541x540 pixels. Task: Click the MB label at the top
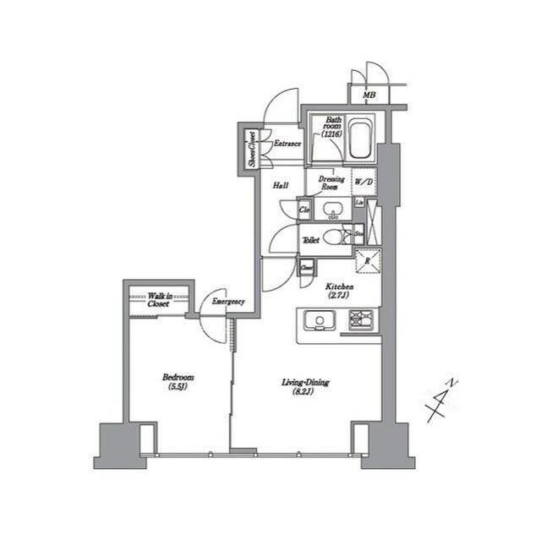tap(369, 94)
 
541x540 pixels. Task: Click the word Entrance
tap(287, 144)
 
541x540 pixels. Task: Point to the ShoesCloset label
tap(252, 149)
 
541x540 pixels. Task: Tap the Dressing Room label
tap(331, 183)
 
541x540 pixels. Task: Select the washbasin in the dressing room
tap(332, 210)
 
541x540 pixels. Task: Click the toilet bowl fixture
tap(334, 237)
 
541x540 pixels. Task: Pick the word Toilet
tap(310, 240)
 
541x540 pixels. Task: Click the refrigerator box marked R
tap(367, 262)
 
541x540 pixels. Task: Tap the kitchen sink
tap(319, 320)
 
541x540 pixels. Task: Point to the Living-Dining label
tap(305, 387)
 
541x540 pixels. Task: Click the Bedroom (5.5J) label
tap(179, 381)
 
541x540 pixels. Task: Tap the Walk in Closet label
tap(158, 300)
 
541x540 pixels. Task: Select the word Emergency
tap(228, 302)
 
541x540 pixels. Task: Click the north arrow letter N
tap(453, 384)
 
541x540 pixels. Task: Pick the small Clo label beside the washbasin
tap(304, 209)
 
